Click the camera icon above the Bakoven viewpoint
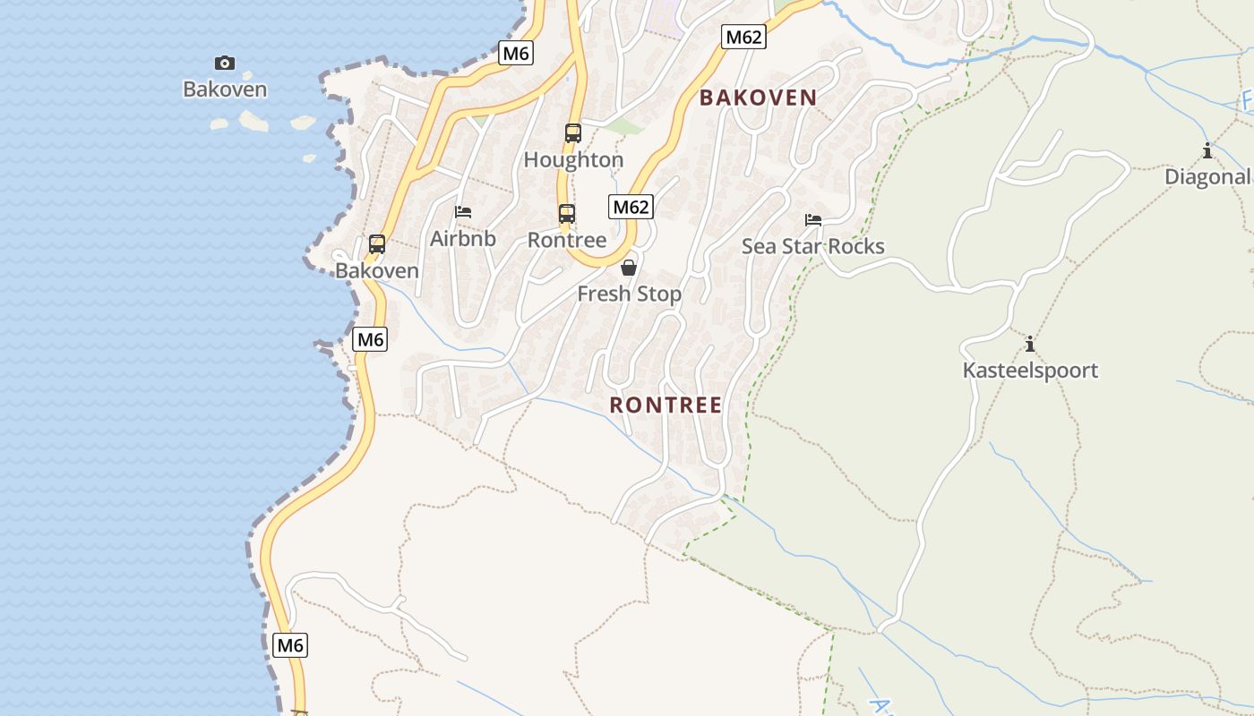(225, 63)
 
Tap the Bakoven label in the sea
(225, 89)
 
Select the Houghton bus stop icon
(573, 133)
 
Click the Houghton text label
(573, 160)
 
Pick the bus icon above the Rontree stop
(567, 214)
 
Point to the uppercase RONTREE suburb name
(666, 405)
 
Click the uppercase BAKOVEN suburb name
(758, 98)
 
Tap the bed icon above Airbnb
(463, 212)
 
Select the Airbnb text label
(463, 239)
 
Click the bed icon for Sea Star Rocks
(813, 219)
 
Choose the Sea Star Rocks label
(813, 246)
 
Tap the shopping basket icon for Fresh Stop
(629, 268)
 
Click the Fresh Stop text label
(629, 294)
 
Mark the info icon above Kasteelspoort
(1030, 344)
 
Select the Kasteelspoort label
(1030, 371)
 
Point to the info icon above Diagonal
(1207, 150)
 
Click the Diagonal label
(1207, 177)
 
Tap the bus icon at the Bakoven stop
(377, 243)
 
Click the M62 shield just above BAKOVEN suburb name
(743, 37)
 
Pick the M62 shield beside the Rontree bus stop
(631, 207)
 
